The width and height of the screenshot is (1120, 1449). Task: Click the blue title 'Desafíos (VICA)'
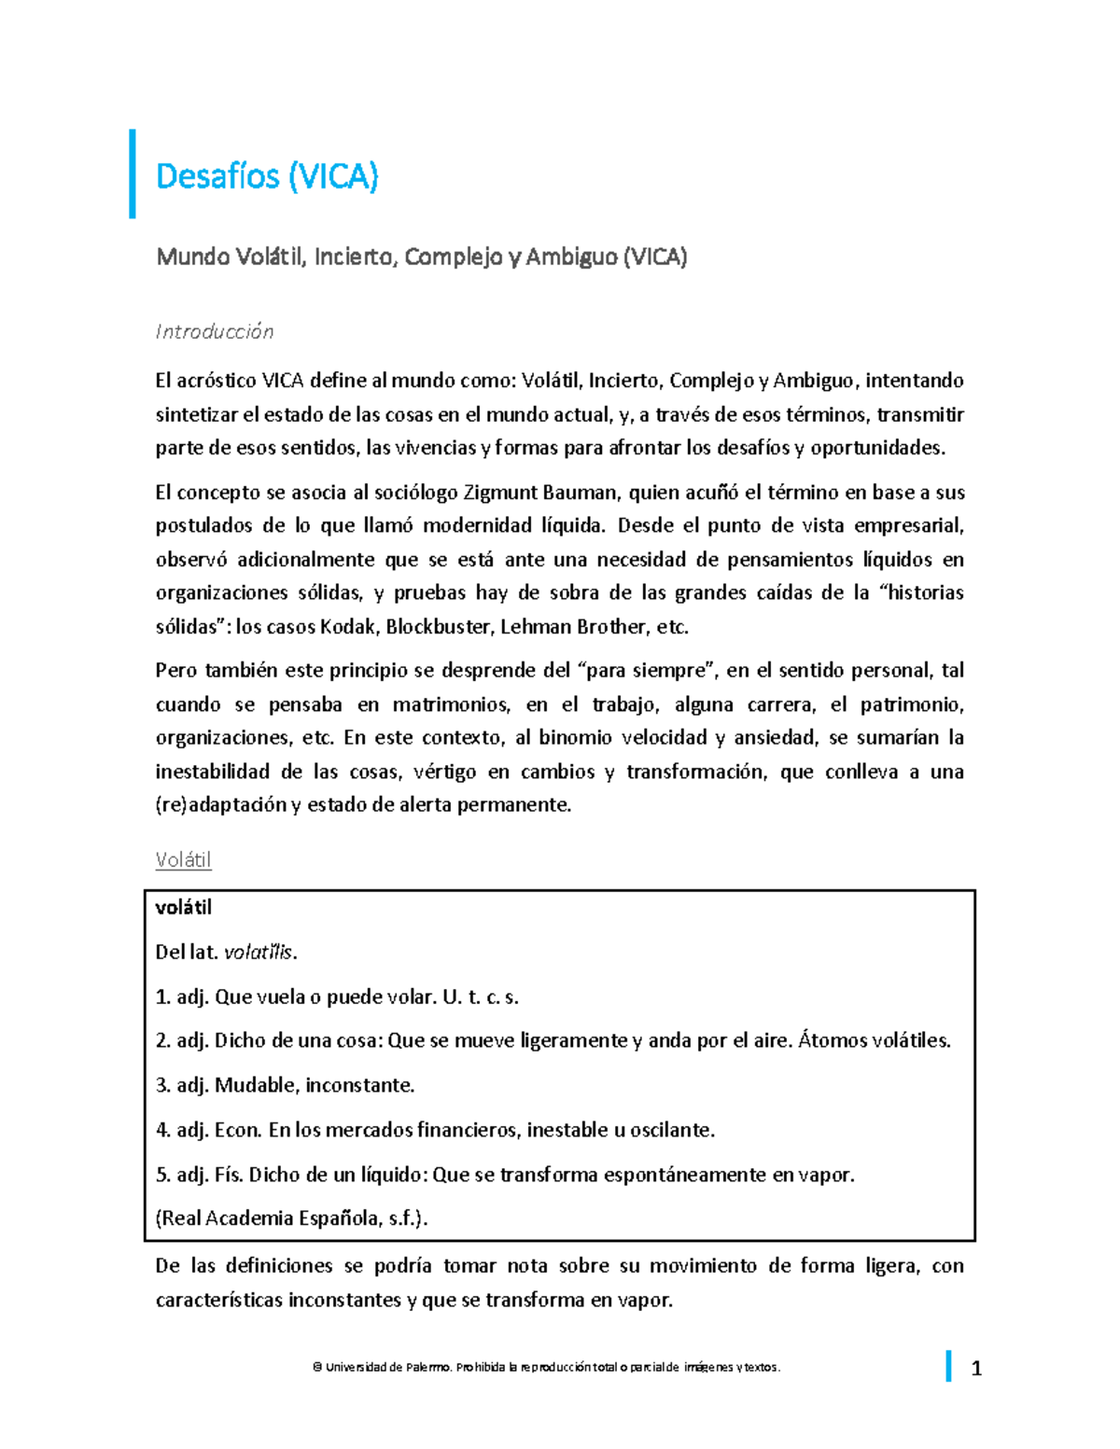click(x=267, y=175)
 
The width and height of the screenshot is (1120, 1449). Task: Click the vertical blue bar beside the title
click(x=133, y=174)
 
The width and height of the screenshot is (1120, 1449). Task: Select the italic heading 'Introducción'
click(x=215, y=331)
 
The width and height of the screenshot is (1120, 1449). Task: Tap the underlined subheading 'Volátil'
click(x=183, y=859)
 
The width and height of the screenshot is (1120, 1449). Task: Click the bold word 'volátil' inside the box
click(x=184, y=907)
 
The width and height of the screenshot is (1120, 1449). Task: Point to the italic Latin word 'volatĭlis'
click(x=259, y=952)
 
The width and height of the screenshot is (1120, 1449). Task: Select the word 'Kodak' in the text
click(x=348, y=626)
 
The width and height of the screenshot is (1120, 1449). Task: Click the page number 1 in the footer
click(x=976, y=1369)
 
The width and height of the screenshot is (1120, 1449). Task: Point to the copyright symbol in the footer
click(x=317, y=1367)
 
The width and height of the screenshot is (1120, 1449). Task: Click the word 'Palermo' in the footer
click(x=428, y=1367)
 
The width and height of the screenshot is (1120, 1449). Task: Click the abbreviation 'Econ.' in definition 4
click(x=238, y=1130)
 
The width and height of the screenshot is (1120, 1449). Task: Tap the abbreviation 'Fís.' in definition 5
click(x=229, y=1175)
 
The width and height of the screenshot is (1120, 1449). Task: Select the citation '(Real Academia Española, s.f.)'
click(x=292, y=1219)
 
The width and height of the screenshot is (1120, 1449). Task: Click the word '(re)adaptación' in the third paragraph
click(x=221, y=804)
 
